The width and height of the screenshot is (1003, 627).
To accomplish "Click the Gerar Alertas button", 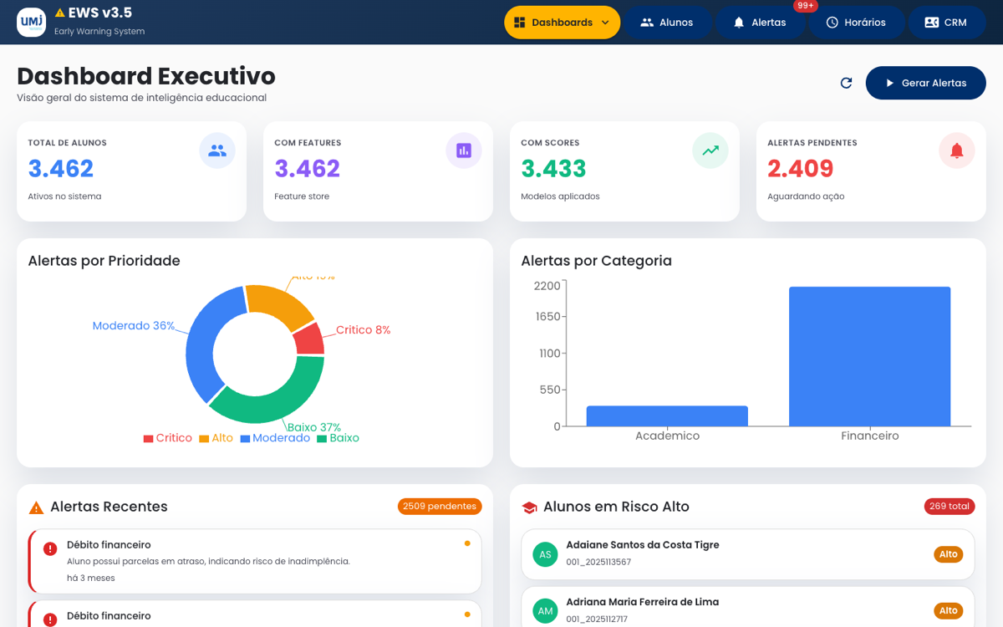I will (925, 83).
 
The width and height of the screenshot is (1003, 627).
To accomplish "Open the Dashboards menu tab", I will (562, 23).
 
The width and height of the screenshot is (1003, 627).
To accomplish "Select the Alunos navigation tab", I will (666, 23).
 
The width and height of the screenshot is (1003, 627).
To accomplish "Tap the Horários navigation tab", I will (855, 23).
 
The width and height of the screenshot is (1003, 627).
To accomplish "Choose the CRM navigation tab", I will (945, 23).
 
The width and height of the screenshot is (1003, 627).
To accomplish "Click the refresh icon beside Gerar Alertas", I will (846, 83).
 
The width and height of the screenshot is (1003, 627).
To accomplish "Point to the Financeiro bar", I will (869, 356).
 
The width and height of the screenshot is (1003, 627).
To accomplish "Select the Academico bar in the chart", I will (667, 416).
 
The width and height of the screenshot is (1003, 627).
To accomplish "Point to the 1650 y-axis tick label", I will (547, 316).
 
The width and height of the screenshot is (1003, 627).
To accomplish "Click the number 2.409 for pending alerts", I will (800, 169).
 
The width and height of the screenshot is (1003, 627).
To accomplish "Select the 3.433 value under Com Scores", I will (553, 169).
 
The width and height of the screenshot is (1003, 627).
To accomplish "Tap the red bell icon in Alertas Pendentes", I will (957, 150).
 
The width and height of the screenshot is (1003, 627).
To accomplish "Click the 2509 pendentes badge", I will (440, 506).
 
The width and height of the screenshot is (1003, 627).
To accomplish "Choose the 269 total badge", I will (949, 506).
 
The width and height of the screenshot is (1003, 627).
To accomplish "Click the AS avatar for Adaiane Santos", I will (545, 554).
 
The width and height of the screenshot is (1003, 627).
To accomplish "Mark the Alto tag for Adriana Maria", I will (948, 611).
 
